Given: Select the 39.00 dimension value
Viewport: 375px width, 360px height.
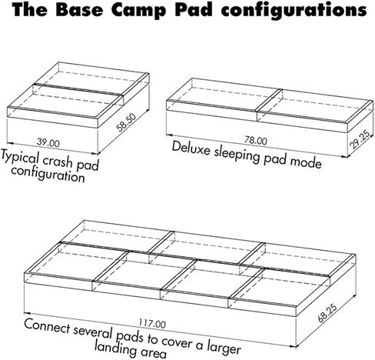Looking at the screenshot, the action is (x=48, y=142).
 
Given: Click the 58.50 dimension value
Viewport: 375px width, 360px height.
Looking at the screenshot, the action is (x=126, y=122).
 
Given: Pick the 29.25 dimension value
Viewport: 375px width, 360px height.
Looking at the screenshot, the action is (x=360, y=139).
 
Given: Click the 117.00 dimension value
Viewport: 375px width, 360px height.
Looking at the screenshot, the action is (x=152, y=324).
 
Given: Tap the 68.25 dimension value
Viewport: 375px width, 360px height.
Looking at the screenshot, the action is (x=327, y=313).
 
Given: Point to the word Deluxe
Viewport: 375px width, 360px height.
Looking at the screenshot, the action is (x=191, y=148).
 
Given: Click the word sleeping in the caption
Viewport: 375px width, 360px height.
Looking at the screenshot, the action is (x=237, y=155).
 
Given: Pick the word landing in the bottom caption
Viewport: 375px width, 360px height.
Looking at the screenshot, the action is (x=116, y=348).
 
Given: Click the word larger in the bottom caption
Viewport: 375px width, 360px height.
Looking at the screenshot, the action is (x=224, y=347).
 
